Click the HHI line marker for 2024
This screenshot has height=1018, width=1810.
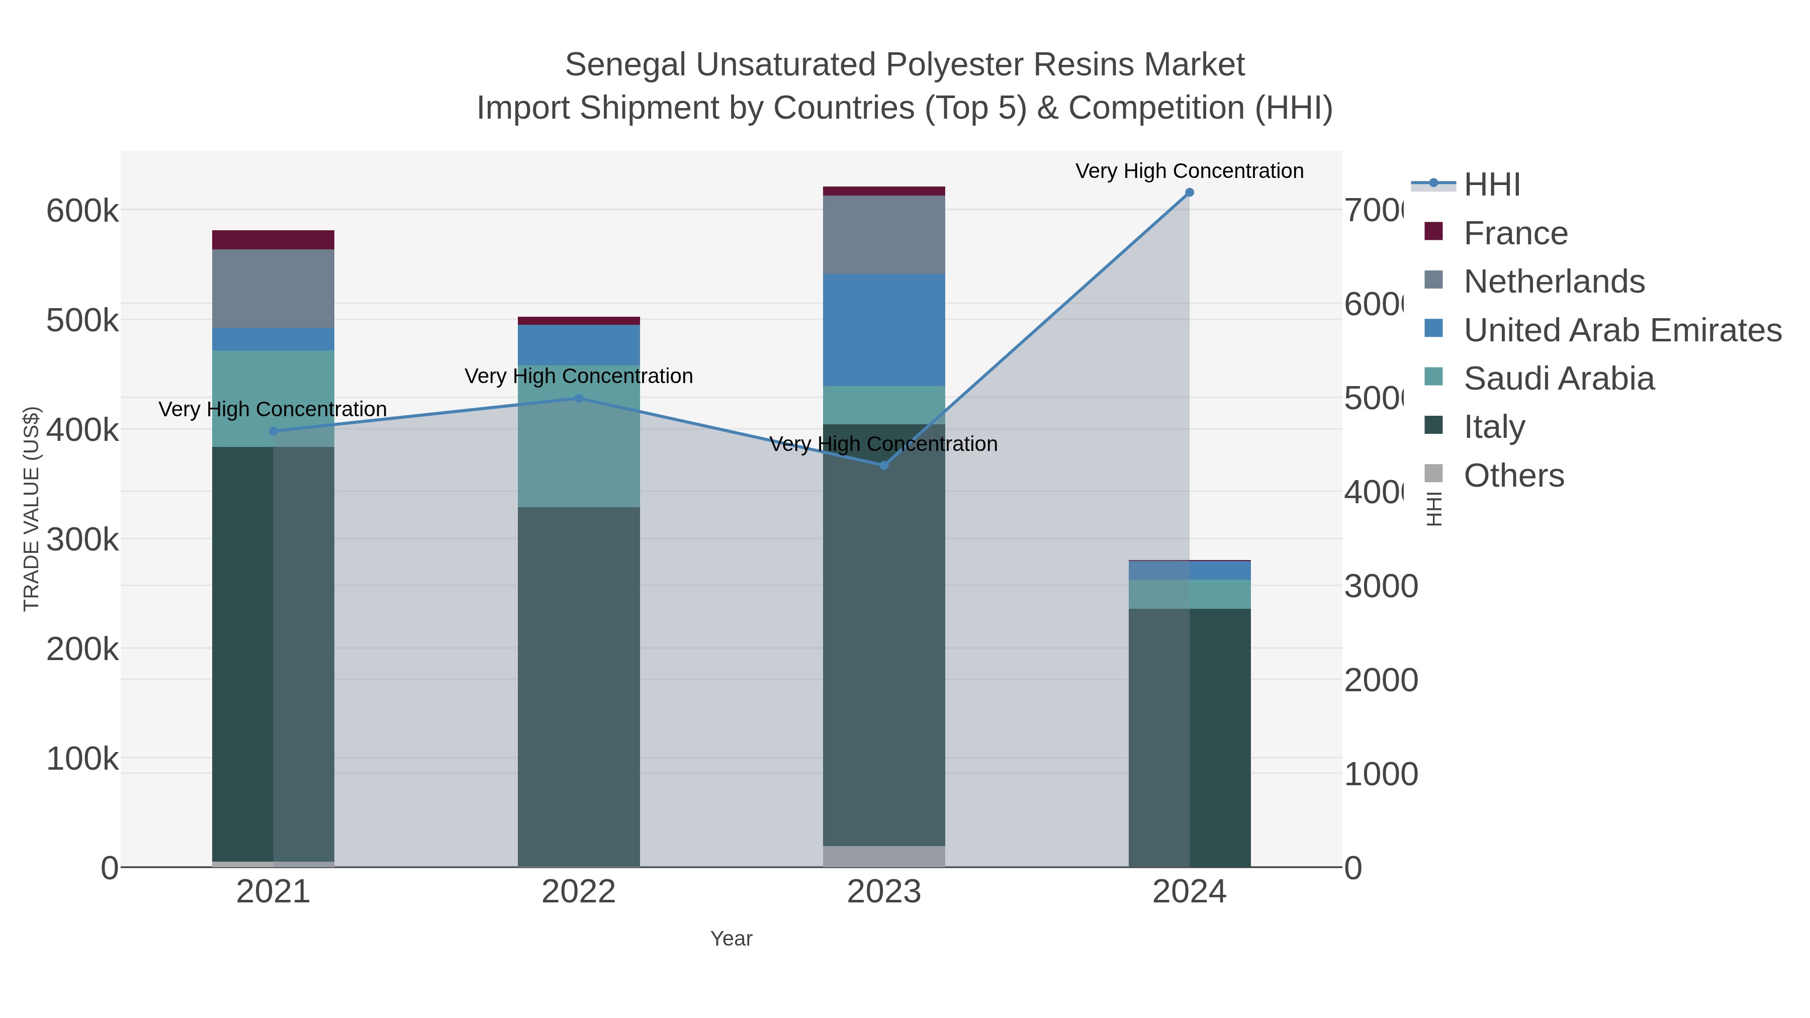point(1190,193)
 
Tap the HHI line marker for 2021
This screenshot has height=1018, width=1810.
point(274,431)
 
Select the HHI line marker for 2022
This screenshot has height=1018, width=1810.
point(579,398)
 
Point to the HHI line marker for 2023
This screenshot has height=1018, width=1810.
point(884,465)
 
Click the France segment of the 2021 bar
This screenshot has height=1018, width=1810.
point(274,240)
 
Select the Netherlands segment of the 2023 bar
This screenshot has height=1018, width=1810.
point(884,235)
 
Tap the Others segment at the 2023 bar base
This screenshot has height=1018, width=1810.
point(884,857)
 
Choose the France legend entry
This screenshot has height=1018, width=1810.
point(1515,233)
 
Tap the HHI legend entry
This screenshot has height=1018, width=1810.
point(1491,185)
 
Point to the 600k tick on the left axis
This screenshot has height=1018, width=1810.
point(82,211)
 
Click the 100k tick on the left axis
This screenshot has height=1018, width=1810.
point(82,759)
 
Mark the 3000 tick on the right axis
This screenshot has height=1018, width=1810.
point(1381,587)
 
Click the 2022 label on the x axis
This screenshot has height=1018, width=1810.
point(579,892)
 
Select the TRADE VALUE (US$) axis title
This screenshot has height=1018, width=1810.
point(32,509)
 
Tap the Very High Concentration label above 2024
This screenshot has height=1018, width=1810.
point(1190,171)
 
